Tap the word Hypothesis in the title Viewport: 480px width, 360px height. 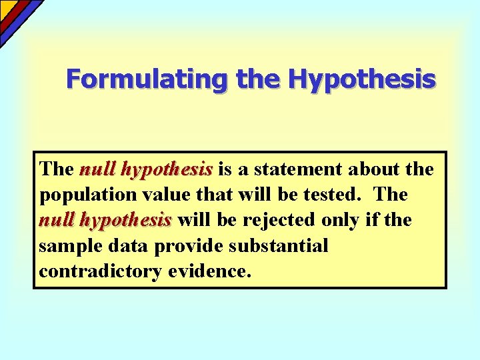click(362, 79)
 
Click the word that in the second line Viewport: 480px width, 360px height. click(212, 195)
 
